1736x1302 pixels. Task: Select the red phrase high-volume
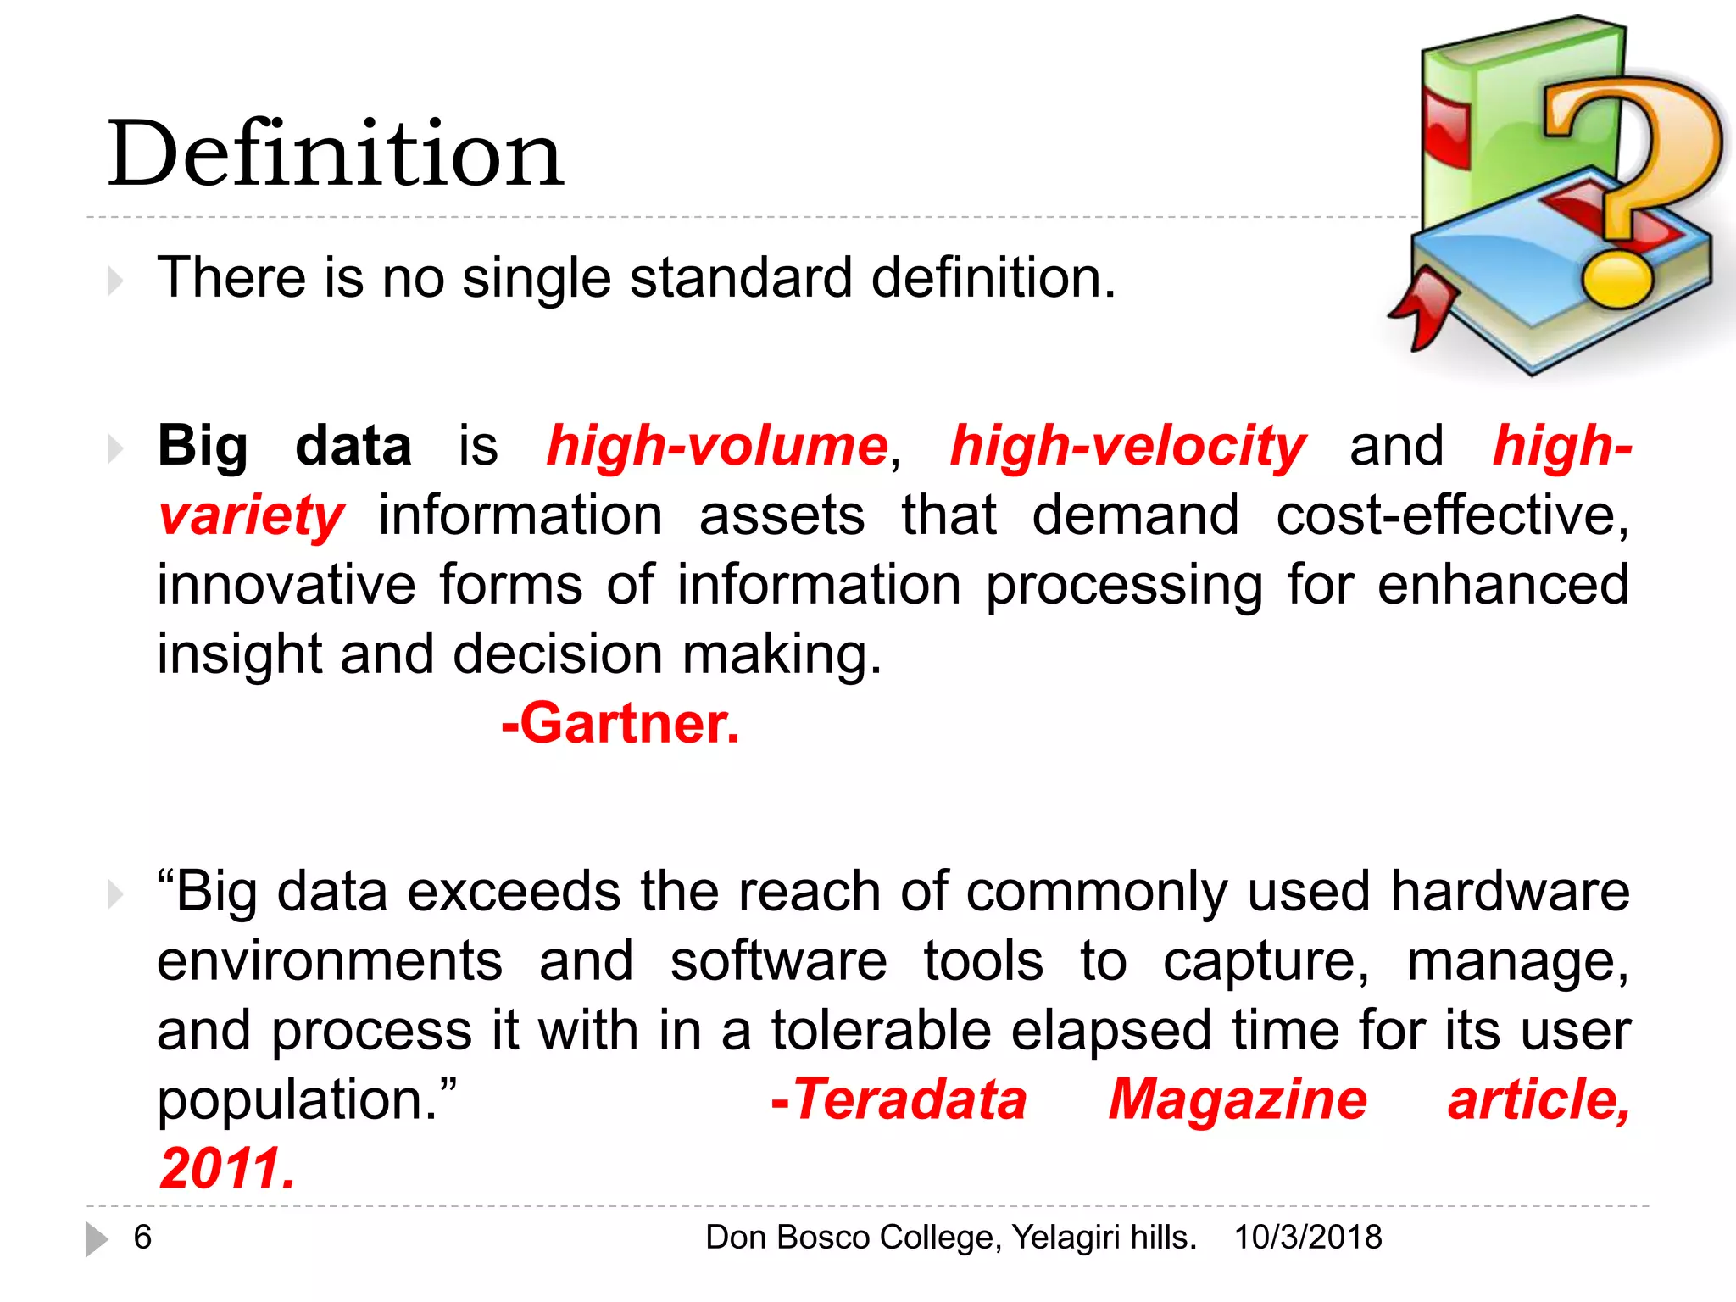pyautogui.click(x=717, y=446)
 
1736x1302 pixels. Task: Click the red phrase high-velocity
pyautogui.click(x=1127, y=446)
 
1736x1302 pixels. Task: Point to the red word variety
pyautogui.click(x=251, y=515)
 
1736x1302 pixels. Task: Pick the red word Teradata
pyautogui.click(x=900, y=1099)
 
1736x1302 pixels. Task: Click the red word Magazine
pyautogui.click(x=1238, y=1099)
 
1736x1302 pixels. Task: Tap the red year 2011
pyautogui.click(x=227, y=1168)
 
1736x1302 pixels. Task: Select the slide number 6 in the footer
pyautogui.click(x=142, y=1237)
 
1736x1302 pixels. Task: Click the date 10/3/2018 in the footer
pyautogui.click(x=1308, y=1237)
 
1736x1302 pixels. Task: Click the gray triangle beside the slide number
pyautogui.click(x=97, y=1238)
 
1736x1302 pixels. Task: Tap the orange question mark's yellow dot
pyautogui.click(x=1617, y=279)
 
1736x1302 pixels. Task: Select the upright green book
pyautogui.click(x=1492, y=119)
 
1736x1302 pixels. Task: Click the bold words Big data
pyautogui.click(x=284, y=446)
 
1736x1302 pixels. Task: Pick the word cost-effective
pyautogui.click(x=1451, y=515)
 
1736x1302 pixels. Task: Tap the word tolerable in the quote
pyautogui.click(x=881, y=1031)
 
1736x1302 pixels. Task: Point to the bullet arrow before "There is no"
pyautogui.click(x=115, y=280)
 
